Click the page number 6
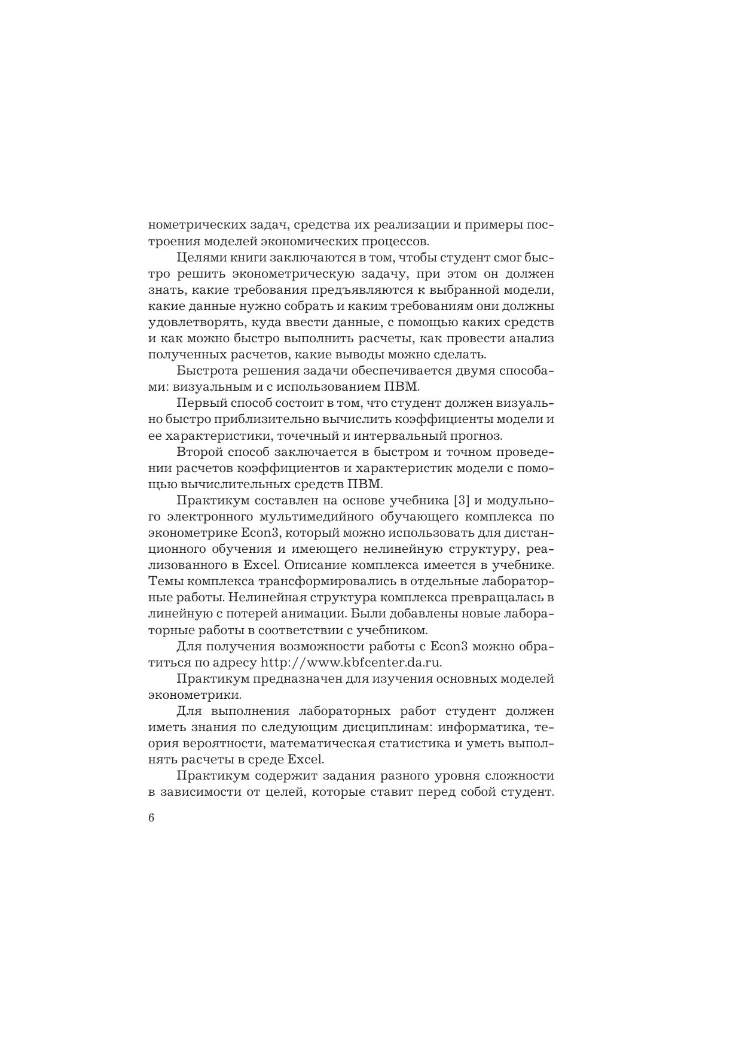(151, 818)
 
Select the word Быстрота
(206, 371)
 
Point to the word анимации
(316, 613)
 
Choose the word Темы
(164, 581)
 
